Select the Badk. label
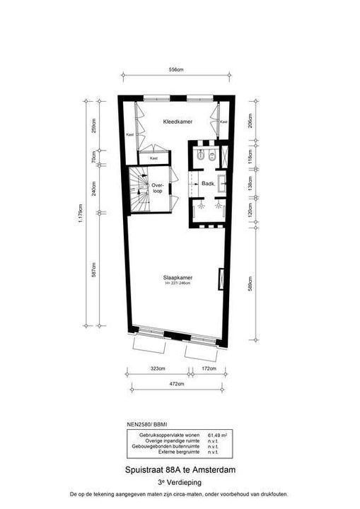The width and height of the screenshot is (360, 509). (x=208, y=184)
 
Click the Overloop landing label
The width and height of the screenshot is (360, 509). (x=158, y=188)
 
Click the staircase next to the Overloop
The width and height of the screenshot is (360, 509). (x=139, y=189)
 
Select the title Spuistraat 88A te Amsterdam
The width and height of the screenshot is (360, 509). (x=179, y=469)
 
